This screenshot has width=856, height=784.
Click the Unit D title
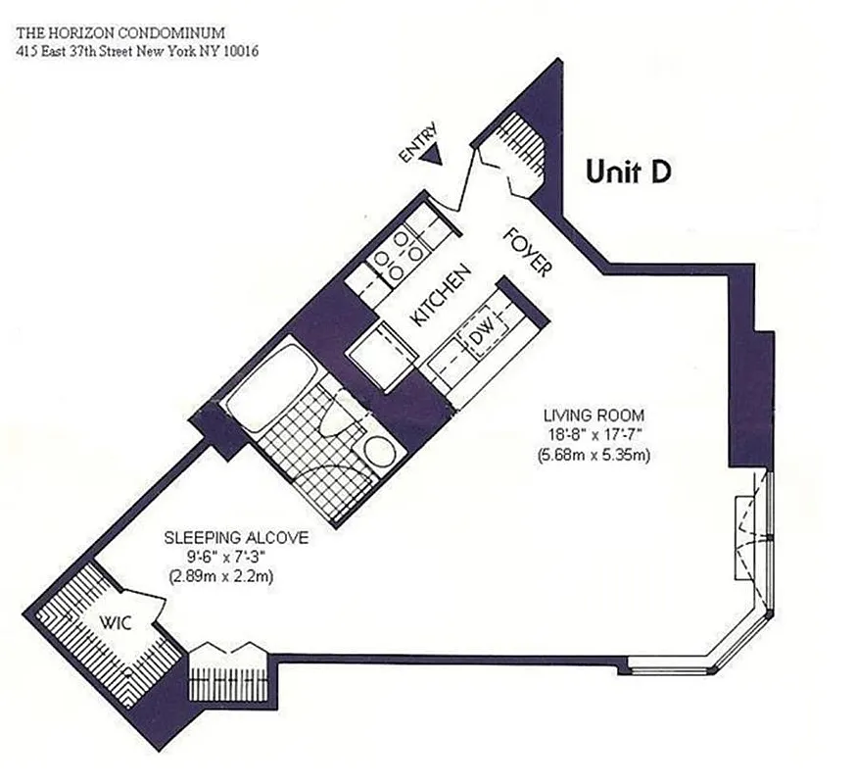pyautogui.click(x=628, y=171)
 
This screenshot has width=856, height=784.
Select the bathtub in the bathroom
pyautogui.click(x=267, y=383)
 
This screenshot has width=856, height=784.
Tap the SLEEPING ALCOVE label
pyautogui.click(x=236, y=538)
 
